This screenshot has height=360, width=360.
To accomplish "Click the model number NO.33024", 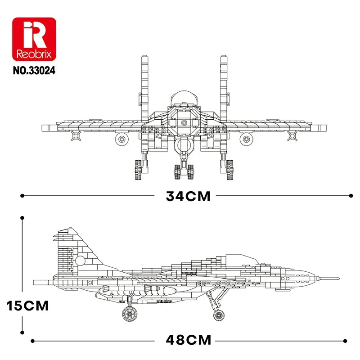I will click(34, 71).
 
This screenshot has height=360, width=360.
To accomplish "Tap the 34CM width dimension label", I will click(188, 196).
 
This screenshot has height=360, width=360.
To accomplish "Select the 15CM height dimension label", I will click(27, 306).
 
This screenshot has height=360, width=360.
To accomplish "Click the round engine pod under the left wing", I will click(121, 139).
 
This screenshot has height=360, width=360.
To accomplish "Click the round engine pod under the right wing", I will click(246, 139).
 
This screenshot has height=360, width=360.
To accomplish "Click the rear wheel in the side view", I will click(130, 314).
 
